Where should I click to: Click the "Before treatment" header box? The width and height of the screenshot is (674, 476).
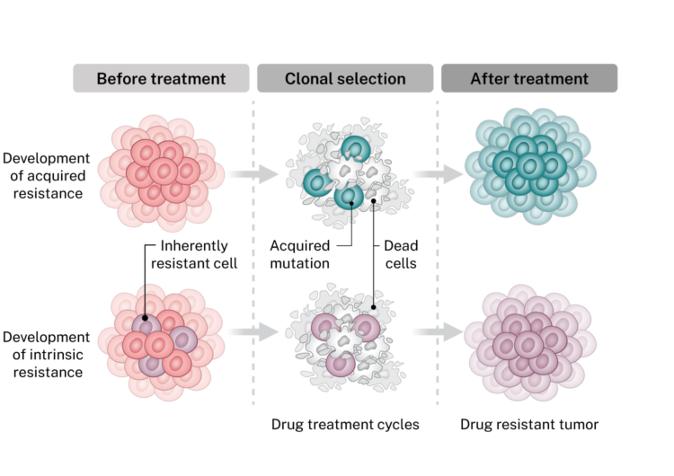tap(161, 79)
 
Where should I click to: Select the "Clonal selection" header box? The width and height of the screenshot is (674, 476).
tap(345, 79)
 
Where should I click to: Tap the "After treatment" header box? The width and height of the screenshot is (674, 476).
tap(528, 79)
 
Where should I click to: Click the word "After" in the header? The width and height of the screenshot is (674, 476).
tap(492, 79)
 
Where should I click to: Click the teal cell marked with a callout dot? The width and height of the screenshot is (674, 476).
tap(350, 198)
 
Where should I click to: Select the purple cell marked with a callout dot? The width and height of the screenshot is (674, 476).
tap(144, 327)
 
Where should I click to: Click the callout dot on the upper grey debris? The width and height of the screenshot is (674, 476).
tap(375, 199)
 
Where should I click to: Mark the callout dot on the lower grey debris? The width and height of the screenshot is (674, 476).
tap(373, 293)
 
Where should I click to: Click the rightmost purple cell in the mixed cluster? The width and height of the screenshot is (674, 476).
tap(183, 337)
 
